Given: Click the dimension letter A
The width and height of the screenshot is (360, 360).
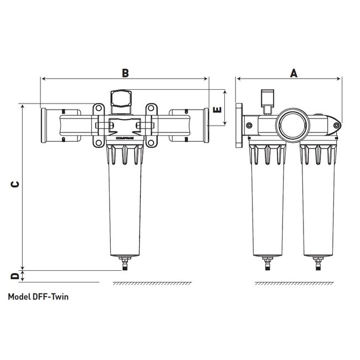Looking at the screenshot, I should (x=294, y=72).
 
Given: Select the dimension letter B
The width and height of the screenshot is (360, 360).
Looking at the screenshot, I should (x=125, y=72).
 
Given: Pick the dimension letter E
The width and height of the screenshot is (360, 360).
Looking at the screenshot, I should (x=218, y=109).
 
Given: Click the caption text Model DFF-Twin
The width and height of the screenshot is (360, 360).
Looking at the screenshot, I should (x=39, y=296).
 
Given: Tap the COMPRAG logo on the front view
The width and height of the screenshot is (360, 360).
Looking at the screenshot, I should (x=125, y=135).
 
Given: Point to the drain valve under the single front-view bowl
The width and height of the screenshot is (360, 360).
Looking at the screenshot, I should (x=126, y=263).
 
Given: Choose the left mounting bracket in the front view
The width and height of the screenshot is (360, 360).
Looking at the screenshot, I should (x=99, y=125).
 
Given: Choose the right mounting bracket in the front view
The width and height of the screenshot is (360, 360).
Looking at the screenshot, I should (x=152, y=125).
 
